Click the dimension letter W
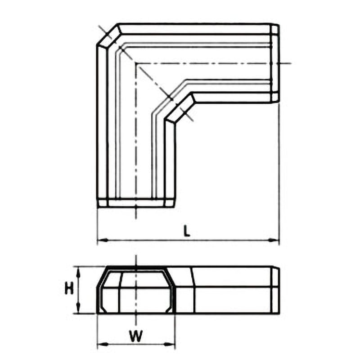pos(136,336)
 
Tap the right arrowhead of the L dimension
pos(274,240)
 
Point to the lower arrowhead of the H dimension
pos(78,308)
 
